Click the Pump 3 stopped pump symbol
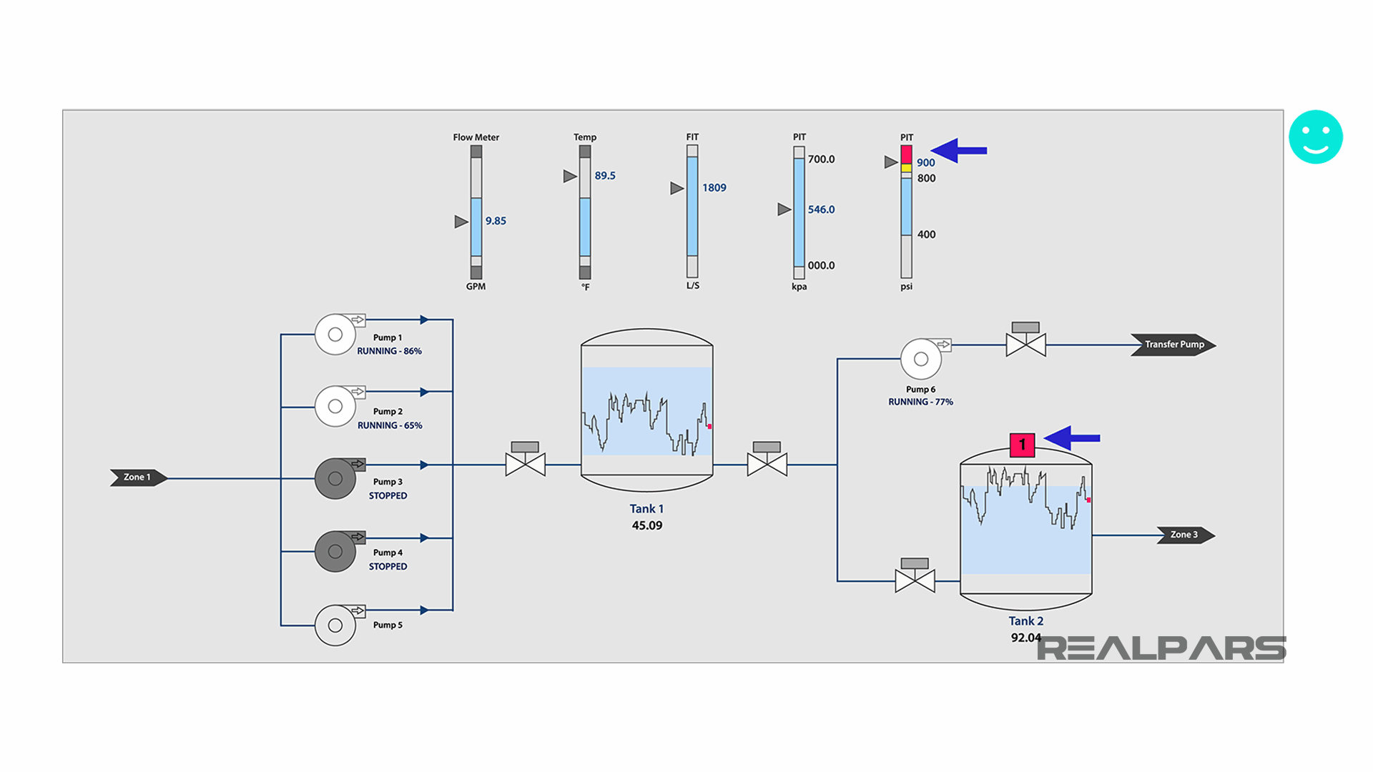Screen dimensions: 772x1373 [335, 478]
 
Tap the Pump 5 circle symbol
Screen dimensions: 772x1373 [335, 625]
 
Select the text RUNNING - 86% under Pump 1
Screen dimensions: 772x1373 [389, 351]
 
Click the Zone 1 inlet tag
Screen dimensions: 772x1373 [138, 477]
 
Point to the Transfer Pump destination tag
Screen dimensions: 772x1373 [1173, 345]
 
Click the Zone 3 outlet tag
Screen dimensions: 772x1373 [1184, 535]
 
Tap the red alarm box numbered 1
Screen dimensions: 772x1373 [1022, 445]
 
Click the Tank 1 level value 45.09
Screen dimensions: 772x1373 [646, 525]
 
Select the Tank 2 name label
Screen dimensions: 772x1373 [1025, 621]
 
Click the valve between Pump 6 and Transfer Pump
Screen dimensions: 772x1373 [1025, 345]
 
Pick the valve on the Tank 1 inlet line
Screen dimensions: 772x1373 [525, 464]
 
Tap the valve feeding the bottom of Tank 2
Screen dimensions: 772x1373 [915, 580]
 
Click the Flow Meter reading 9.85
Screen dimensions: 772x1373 [496, 221]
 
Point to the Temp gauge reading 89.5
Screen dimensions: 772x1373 [605, 176]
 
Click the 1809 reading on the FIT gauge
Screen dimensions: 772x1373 [714, 188]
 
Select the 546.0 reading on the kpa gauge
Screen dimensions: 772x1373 [821, 209]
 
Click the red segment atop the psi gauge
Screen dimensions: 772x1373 [906, 154]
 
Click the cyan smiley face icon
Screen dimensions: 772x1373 [1315, 137]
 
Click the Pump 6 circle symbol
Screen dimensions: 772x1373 [921, 360]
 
